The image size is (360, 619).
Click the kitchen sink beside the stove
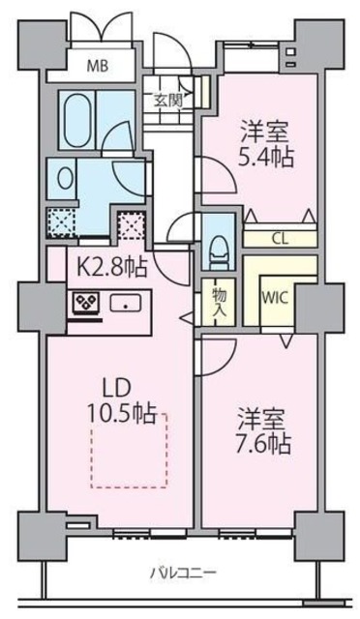pyautogui.click(x=124, y=304)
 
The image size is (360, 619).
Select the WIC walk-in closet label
pyautogui.click(x=276, y=298)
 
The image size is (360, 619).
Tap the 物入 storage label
pyautogui.click(x=218, y=302)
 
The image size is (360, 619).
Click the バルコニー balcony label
pyautogui.click(x=181, y=573)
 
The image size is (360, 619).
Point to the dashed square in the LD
pyautogui.click(x=129, y=451)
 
